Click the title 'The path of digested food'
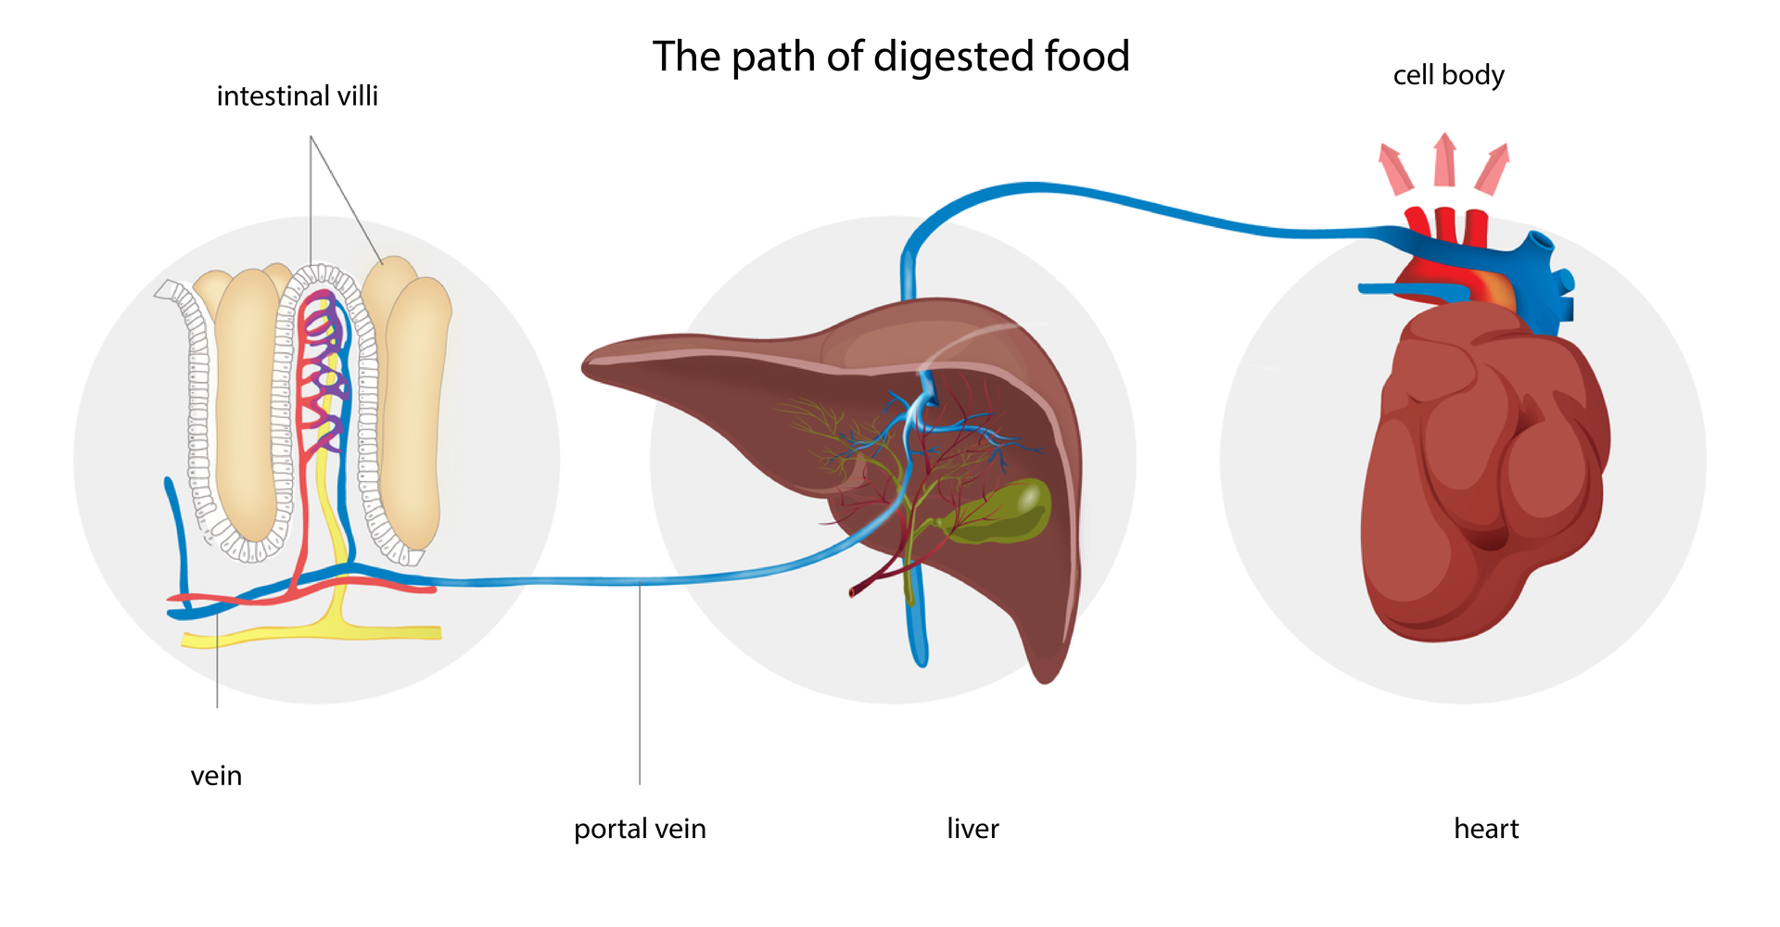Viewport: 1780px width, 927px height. tap(890, 57)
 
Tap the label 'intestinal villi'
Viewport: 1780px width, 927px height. tap(297, 96)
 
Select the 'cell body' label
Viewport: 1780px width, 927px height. tap(1448, 75)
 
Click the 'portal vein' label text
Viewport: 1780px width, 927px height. tap(640, 829)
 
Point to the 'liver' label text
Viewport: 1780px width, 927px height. tap(973, 829)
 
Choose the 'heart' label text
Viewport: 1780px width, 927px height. tap(1486, 829)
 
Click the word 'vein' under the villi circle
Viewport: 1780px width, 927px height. tap(216, 776)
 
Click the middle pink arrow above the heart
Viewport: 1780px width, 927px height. tap(1444, 159)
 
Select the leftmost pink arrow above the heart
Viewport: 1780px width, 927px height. tap(1394, 169)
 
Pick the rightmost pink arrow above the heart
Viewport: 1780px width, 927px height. tap(1494, 169)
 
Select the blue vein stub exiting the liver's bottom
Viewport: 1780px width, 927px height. tap(918, 630)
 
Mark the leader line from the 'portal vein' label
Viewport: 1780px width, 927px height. tap(640, 686)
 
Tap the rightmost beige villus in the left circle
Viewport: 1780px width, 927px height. tap(417, 408)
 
